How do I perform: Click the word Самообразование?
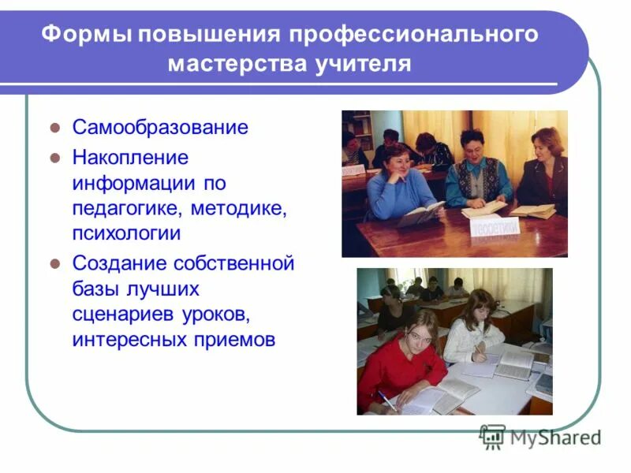click(160, 127)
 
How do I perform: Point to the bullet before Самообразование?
click(55, 127)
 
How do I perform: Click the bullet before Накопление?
click(55, 157)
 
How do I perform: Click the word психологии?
click(126, 234)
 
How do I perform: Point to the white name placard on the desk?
click(495, 227)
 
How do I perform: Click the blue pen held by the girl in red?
click(386, 400)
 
